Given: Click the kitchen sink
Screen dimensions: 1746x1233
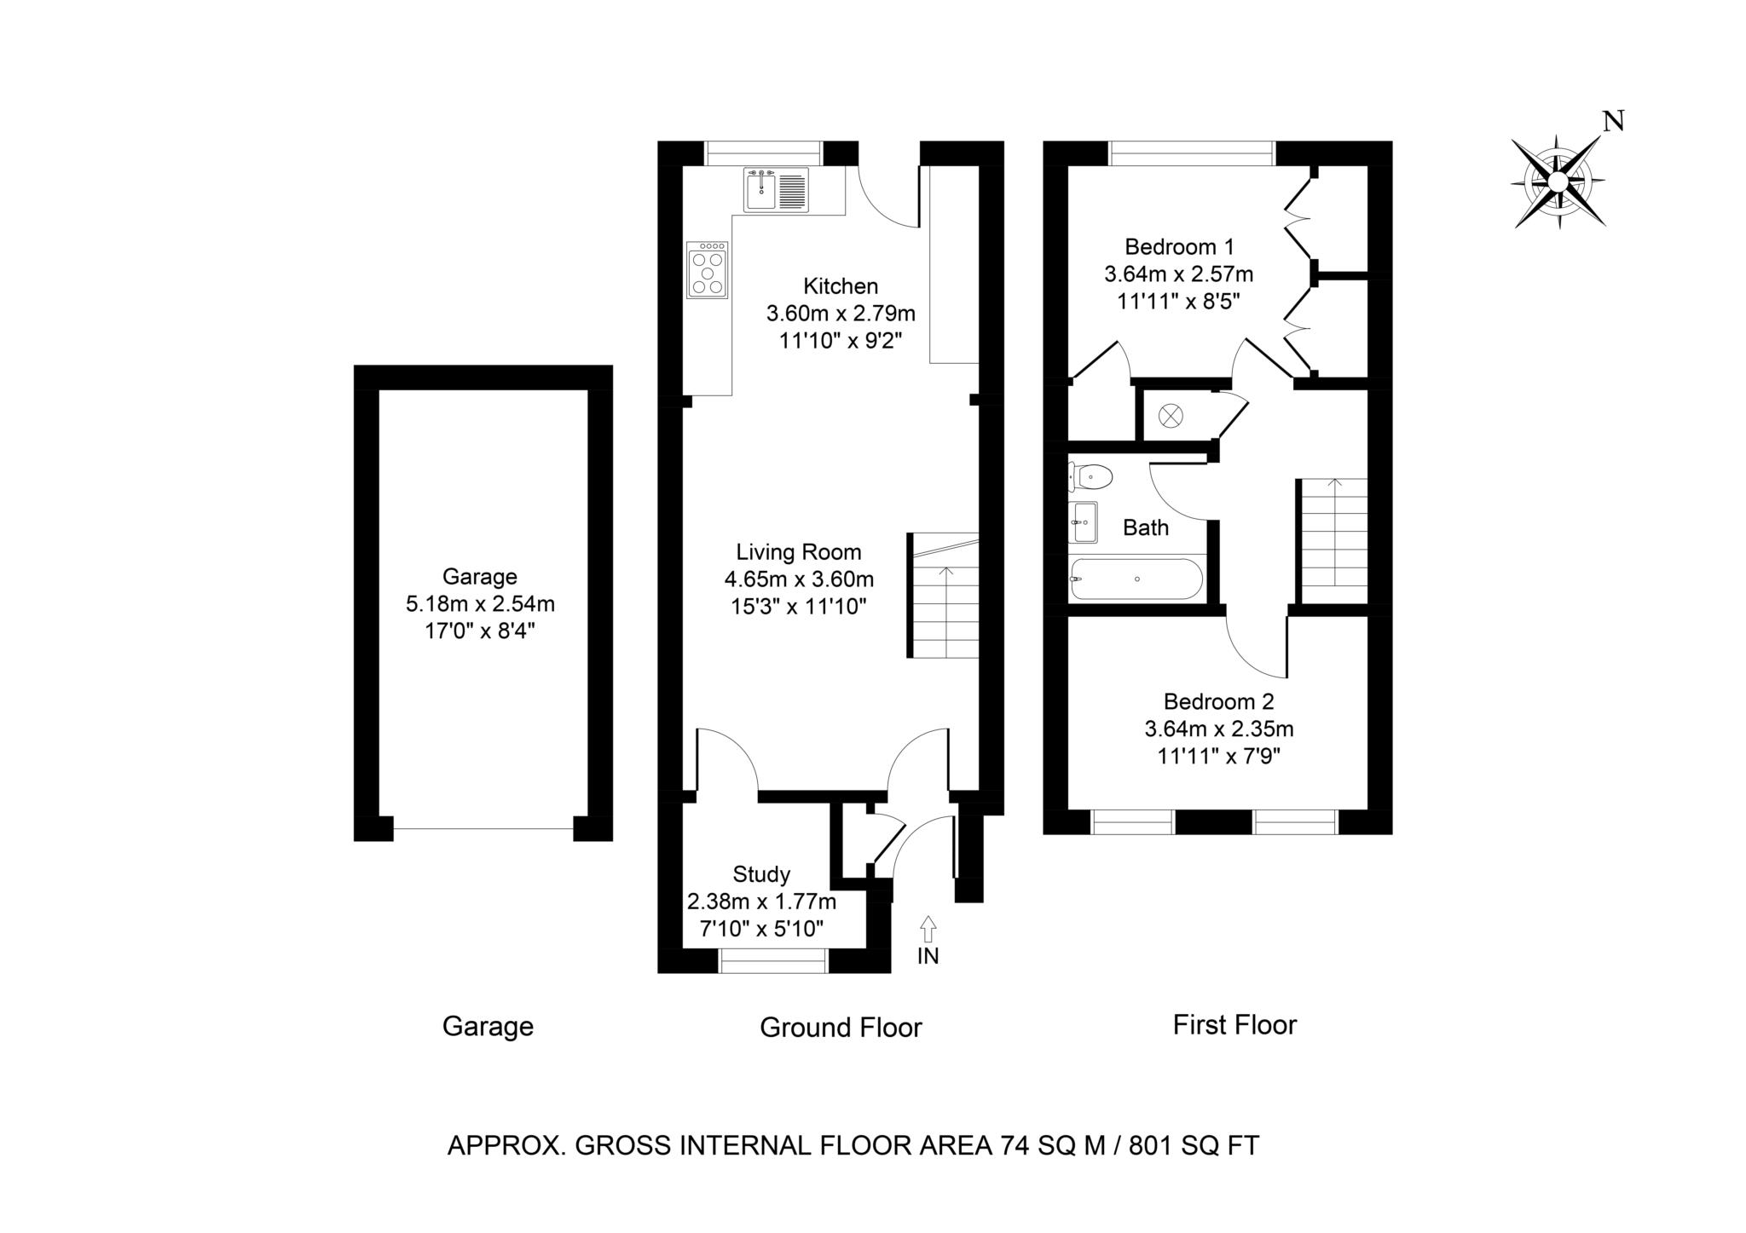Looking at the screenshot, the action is tap(776, 189).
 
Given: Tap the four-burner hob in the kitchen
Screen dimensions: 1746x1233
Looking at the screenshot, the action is tap(708, 270).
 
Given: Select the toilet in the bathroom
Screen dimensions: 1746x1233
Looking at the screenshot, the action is tap(1091, 477).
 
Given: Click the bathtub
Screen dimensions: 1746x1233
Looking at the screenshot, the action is tap(1136, 579).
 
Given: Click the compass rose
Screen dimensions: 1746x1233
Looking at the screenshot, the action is tap(1558, 181).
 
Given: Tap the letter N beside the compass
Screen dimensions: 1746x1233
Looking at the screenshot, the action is tap(1613, 122).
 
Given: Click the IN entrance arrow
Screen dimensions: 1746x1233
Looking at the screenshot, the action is tap(928, 928).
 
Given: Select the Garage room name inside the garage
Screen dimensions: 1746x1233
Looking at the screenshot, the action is tap(480, 577).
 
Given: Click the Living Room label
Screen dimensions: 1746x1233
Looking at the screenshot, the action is tap(799, 552).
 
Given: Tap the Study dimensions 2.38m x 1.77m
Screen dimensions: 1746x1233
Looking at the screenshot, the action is tap(761, 902).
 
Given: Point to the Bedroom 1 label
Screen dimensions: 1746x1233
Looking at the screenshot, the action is tap(1179, 247).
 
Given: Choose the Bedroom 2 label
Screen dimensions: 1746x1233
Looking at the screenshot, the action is tap(1218, 701).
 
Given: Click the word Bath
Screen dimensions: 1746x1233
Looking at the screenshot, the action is tap(1146, 528).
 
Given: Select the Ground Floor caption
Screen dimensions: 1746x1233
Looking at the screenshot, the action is tap(841, 1028).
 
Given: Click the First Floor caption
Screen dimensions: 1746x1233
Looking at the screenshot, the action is tap(1234, 1024).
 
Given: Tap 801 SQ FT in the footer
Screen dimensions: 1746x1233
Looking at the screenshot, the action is tap(1194, 1145).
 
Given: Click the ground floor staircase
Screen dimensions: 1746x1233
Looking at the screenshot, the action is tap(943, 596).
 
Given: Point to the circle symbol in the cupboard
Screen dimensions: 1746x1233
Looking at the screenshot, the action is tap(1171, 416).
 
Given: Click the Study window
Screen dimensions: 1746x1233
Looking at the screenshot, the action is tap(773, 960).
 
